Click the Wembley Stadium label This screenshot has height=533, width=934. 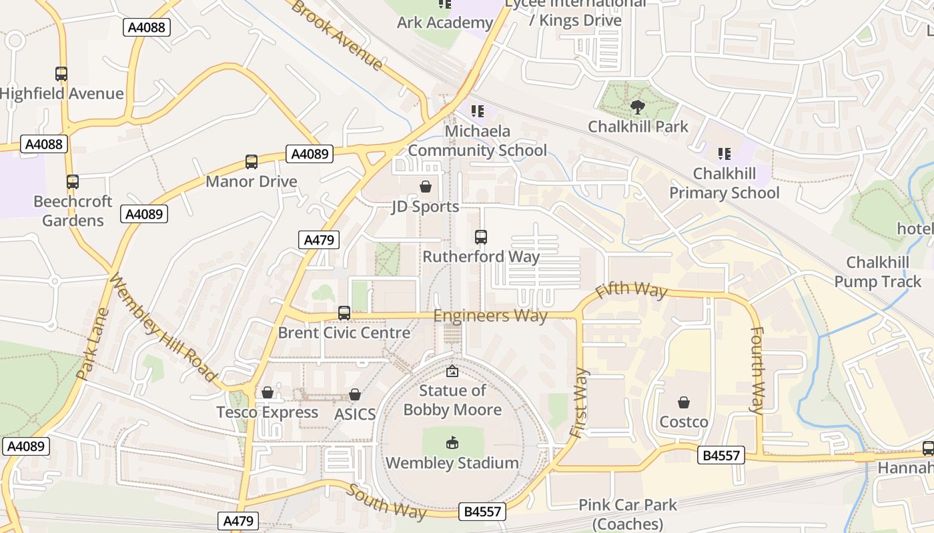click(452, 462)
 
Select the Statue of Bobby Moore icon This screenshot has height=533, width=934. click(452, 371)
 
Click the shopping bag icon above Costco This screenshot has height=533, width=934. click(684, 402)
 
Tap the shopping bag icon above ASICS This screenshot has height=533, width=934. click(355, 394)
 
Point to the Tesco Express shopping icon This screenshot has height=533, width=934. click(267, 392)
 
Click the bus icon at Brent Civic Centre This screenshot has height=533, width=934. click(344, 312)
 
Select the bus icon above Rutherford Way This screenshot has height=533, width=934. click(480, 237)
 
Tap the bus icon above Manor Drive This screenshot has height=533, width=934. click(251, 161)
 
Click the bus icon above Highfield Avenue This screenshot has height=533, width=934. click(61, 74)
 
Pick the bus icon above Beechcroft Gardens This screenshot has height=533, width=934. click(73, 181)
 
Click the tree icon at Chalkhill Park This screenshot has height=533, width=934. click(638, 107)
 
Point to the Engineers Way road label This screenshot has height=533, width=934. click(490, 315)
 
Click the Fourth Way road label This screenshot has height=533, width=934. click(757, 370)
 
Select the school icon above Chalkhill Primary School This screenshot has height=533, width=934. click(724, 154)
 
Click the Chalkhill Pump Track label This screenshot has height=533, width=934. click(877, 272)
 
